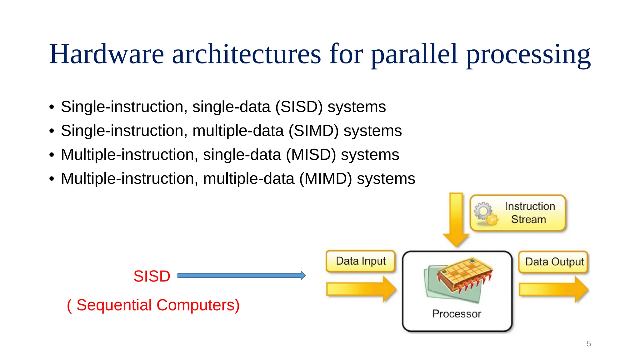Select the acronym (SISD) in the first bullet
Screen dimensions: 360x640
pyautogui.click(x=299, y=107)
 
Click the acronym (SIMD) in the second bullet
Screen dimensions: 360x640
pyautogui.click(x=313, y=131)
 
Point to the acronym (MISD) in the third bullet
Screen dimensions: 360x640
pyautogui.click(x=311, y=155)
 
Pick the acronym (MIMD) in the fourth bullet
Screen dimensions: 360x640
pyautogui.click(x=325, y=179)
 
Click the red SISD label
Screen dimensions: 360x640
pyautogui.click(x=152, y=276)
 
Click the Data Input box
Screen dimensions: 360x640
pyautogui.click(x=360, y=261)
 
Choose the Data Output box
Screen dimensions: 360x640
pyautogui.click(x=554, y=262)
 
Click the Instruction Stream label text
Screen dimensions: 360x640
pyautogui.click(x=530, y=213)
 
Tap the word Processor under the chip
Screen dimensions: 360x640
pyautogui.click(x=457, y=314)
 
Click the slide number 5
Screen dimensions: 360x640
pyautogui.click(x=589, y=344)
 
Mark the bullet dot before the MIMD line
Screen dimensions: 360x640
pyautogui.click(x=52, y=179)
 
